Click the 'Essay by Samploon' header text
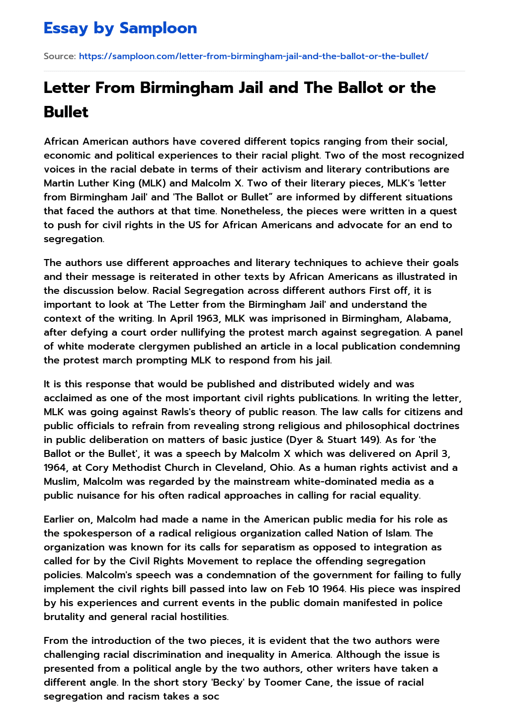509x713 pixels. tap(120, 28)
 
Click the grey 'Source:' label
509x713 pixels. tap(60, 56)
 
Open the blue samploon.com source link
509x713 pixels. tap(254, 56)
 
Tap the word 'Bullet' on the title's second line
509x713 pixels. tap(66, 112)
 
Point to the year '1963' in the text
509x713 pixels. tap(118, 318)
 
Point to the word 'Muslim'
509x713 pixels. tap(61, 481)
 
